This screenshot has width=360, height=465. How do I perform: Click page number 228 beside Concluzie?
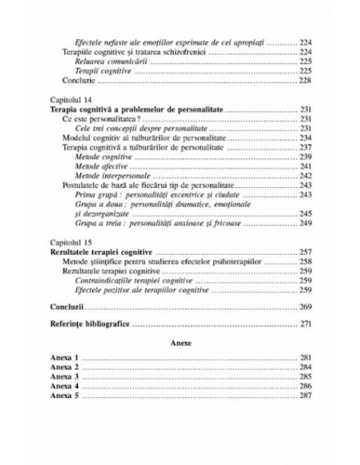pos(306,80)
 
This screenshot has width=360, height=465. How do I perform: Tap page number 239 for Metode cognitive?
pos(306,156)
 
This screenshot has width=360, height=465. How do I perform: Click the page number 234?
pos(306,137)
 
